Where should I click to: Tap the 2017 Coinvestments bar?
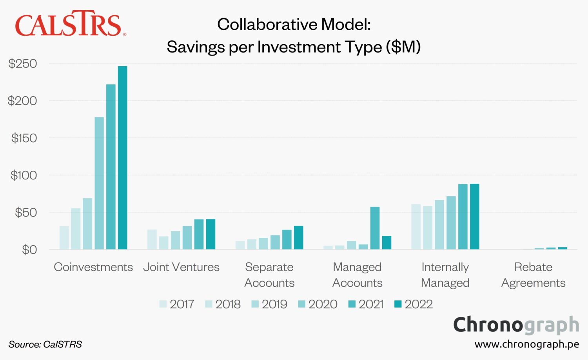[x=64, y=237]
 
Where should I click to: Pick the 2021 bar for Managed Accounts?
[x=375, y=228]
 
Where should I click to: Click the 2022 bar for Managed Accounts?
[x=387, y=242]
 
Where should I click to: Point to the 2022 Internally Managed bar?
[x=474, y=216]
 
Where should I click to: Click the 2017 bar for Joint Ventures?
[x=152, y=239]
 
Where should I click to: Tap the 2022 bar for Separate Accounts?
[x=298, y=237]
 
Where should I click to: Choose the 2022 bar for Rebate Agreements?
[x=563, y=248]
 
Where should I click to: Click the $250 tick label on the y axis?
[x=23, y=63]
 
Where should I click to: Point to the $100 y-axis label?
[x=24, y=175]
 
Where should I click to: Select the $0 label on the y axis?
[x=29, y=250]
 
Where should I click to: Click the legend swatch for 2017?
[x=163, y=304]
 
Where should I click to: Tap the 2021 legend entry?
[x=366, y=304]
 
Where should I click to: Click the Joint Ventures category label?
[x=181, y=267]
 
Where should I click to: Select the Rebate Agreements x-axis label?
[x=533, y=275]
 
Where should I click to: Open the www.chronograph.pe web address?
[x=526, y=344]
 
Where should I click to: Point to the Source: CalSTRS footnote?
[x=45, y=344]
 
